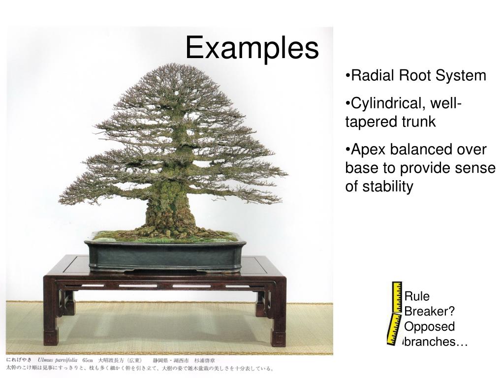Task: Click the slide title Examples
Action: pyautogui.click(x=252, y=49)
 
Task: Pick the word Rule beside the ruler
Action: pyautogui.click(x=416, y=296)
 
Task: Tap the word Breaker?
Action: pyautogui.click(x=429, y=312)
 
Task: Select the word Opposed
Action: pyautogui.click(x=429, y=327)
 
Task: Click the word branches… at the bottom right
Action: pyautogui.click(x=435, y=342)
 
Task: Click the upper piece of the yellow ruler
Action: pyautogui.click(x=397, y=297)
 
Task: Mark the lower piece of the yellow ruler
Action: pyautogui.click(x=394, y=328)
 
